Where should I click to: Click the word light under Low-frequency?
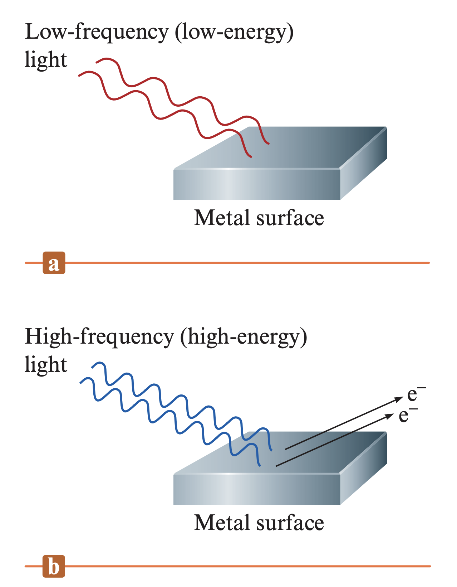pyautogui.click(x=46, y=60)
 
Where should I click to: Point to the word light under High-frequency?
pyautogui.click(x=46, y=365)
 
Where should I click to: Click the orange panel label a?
pyautogui.click(x=54, y=263)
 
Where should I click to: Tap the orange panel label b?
pyautogui.click(x=54, y=566)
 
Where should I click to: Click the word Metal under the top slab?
pyautogui.click(x=222, y=218)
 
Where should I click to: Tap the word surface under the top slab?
pyautogui.click(x=290, y=218)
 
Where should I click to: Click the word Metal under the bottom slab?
pyautogui.click(x=222, y=523)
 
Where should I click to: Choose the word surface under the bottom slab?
pyautogui.click(x=290, y=523)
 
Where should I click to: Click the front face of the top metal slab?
pyautogui.click(x=256, y=185)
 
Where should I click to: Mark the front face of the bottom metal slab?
pyautogui.click(x=256, y=490)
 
